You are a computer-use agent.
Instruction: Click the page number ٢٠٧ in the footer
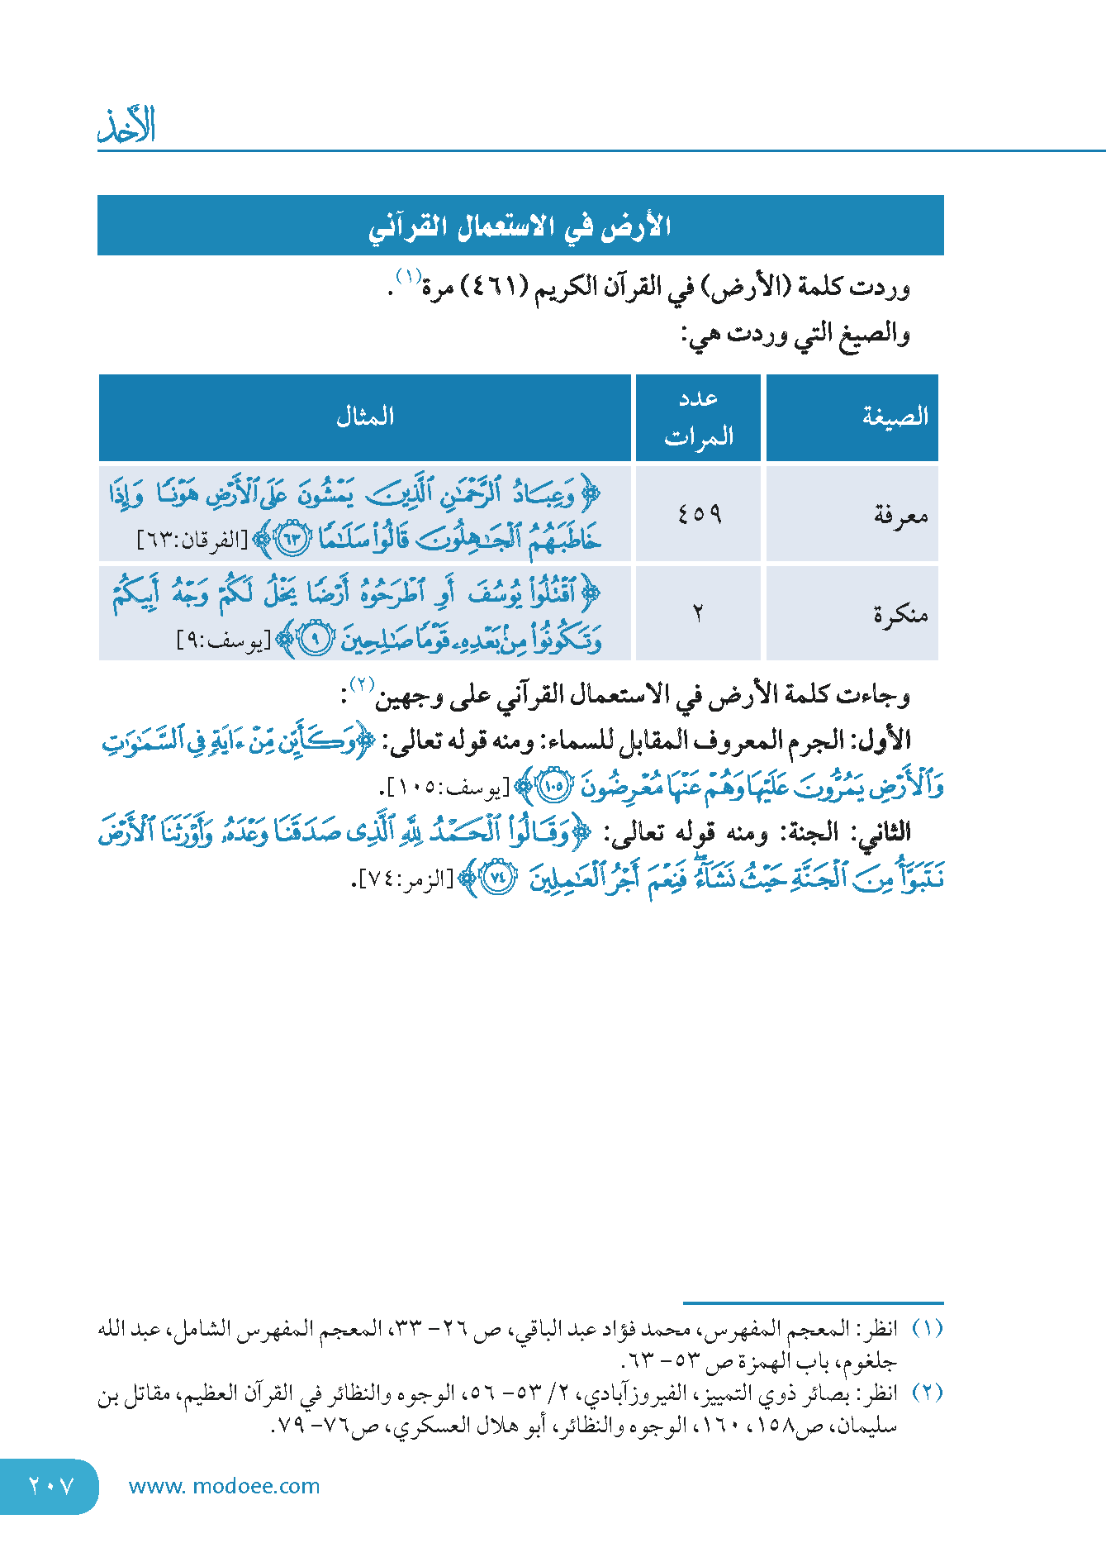[51, 1486]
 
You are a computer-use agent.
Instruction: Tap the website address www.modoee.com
[224, 1486]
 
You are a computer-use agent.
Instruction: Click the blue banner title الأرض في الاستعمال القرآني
[520, 226]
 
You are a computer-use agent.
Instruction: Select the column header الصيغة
[895, 417]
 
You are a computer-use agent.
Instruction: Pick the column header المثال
[365, 417]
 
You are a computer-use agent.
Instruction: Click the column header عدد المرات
[699, 417]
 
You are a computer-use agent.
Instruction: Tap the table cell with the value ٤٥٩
[699, 514]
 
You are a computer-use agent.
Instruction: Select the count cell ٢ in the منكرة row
[699, 613]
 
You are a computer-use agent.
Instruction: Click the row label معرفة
[900, 516]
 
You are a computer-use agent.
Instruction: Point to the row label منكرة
[900, 614]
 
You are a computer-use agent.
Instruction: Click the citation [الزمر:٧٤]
[406, 879]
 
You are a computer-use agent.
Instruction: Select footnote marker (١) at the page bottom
[927, 1329]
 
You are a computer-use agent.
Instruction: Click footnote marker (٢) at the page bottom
[927, 1393]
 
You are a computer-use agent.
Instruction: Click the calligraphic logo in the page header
[126, 126]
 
